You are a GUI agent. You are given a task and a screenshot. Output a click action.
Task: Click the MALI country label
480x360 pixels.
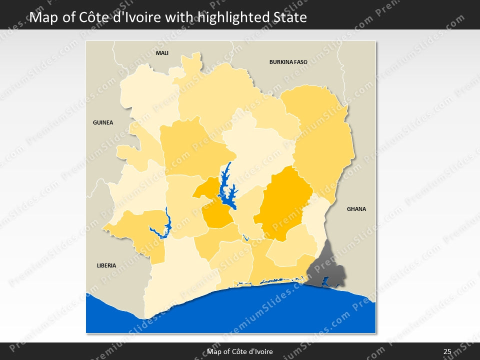point(162,53)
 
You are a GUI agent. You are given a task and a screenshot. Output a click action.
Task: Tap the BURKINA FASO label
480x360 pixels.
point(288,62)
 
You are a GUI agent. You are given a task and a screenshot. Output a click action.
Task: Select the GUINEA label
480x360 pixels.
point(103,122)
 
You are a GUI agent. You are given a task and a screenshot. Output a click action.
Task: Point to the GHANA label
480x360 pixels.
point(356,209)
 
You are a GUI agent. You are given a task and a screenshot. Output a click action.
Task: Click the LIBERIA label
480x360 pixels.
point(106,265)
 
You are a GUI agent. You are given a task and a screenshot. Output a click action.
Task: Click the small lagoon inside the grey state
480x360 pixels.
point(325,281)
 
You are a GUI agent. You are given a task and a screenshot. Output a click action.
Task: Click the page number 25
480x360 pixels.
point(447,351)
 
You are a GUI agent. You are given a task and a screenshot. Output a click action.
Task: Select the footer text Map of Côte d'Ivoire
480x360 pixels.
point(240,351)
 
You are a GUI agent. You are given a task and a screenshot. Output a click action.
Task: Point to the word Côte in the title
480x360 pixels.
point(92,18)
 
